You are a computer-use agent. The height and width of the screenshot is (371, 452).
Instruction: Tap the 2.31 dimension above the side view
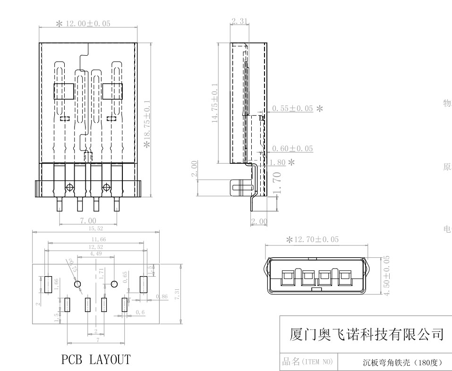(x=240, y=20)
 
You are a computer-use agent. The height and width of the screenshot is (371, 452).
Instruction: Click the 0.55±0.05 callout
(x=292, y=109)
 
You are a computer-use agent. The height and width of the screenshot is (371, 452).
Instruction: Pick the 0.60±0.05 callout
(x=292, y=149)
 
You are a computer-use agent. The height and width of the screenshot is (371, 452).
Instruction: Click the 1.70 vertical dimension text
(x=278, y=183)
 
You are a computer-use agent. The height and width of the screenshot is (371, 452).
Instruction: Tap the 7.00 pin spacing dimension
(x=87, y=220)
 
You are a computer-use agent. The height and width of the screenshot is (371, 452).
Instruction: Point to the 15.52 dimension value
(x=96, y=228)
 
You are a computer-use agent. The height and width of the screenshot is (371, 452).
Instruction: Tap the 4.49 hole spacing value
(x=96, y=253)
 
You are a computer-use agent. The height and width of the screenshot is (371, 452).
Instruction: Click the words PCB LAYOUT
(x=96, y=360)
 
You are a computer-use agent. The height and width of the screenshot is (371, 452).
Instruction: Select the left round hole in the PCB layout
(x=78, y=284)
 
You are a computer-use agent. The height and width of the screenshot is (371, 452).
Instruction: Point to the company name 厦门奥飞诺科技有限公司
(x=366, y=335)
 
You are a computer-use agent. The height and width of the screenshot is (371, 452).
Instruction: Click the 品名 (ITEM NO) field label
(x=307, y=362)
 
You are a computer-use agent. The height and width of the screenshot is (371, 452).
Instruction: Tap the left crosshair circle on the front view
(x=70, y=187)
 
